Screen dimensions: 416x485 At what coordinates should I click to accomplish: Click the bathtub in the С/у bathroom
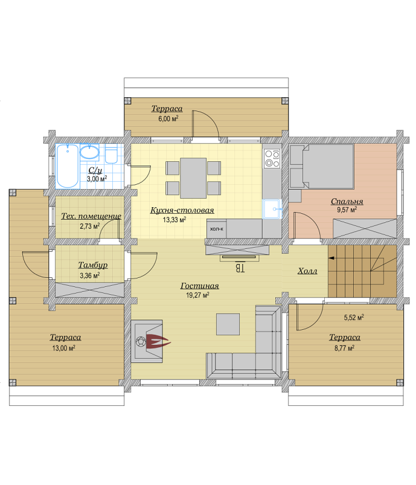pyautogui.click(x=68, y=165)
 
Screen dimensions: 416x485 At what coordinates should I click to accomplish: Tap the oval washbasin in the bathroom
pyautogui.click(x=89, y=152)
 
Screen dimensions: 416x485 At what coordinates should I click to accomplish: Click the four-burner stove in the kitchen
pyautogui.click(x=272, y=158)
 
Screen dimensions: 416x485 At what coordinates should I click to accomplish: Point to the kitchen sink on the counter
pyautogui.click(x=272, y=209)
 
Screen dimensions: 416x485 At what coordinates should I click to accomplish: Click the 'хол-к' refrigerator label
pyautogui.click(x=217, y=229)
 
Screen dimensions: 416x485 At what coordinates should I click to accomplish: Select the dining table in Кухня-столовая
pyautogui.click(x=193, y=178)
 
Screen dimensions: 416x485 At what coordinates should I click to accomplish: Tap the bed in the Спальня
pyautogui.click(x=322, y=167)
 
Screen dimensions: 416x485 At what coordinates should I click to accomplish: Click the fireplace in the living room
pyautogui.click(x=147, y=341)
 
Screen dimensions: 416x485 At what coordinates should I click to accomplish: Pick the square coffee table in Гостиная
pyautogui.click(x=228, y=324)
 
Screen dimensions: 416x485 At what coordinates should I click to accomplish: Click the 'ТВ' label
pyautogui.click(x=240, y=268)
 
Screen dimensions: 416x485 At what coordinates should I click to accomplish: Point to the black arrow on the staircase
pyautogui.click(x=332, y=258)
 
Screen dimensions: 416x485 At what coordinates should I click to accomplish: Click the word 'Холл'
pyautogui.click(x=307, y=271)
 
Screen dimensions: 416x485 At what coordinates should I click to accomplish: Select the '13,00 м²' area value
pyautogui.click(x=64, y=348)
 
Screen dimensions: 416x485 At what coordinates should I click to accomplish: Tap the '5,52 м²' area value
pyautogui.click(x=354, y=317)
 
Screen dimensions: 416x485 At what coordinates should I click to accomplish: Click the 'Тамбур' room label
pyautogui.click(x=93, y=265)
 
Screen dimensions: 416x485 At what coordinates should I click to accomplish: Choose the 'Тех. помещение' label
pyautogui.click(x=91, y=216)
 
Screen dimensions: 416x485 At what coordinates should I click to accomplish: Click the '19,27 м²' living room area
pyautogui.click(x=197, y=295)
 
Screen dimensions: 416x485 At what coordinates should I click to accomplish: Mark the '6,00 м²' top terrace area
pyautogui.click(x=168, y=118)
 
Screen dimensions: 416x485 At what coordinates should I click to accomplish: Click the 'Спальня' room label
pyautogui.click(x=347, y=201)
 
